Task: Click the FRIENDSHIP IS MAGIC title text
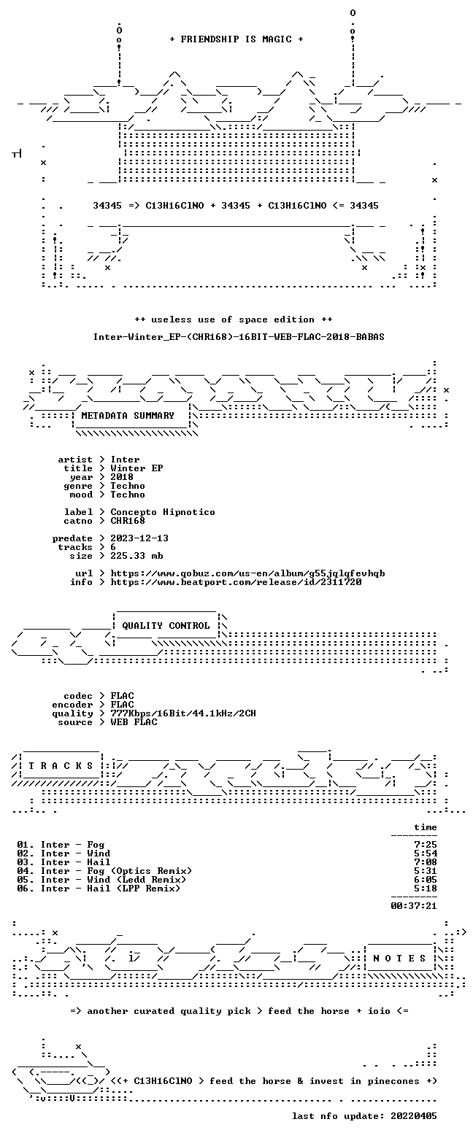[236, 39]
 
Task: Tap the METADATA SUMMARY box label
[128, 416]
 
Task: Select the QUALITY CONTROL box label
[166, 626]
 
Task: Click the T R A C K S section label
[61, 766]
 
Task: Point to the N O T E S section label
[400, 958]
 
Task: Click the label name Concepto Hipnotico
[163, 512]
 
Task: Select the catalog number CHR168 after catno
[128, 521]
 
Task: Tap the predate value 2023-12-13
[139, 538]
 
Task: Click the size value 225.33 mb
[136, 556]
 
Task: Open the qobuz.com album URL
[247, 573]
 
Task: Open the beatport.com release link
[236, 582]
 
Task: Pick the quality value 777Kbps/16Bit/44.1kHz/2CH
[183, 713]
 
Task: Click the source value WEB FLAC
[134, 722]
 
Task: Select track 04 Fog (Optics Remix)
[104, 871]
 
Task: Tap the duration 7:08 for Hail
[426, 862]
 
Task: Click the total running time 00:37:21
[413, 906]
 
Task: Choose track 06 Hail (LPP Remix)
[99, 889]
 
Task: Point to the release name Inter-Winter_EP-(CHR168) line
[239, 337]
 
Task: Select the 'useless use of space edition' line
[234, 320]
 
